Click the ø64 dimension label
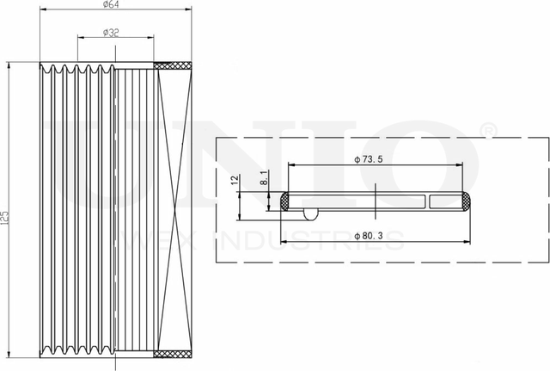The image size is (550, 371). pos(110,5)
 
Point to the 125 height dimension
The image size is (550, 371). pos(5,214)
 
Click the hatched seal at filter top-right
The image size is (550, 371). pos(172,65)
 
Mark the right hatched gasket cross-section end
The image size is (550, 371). pos(465,201)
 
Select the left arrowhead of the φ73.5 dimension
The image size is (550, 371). pos(291,168)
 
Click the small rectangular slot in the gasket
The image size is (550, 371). pos(445,201)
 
